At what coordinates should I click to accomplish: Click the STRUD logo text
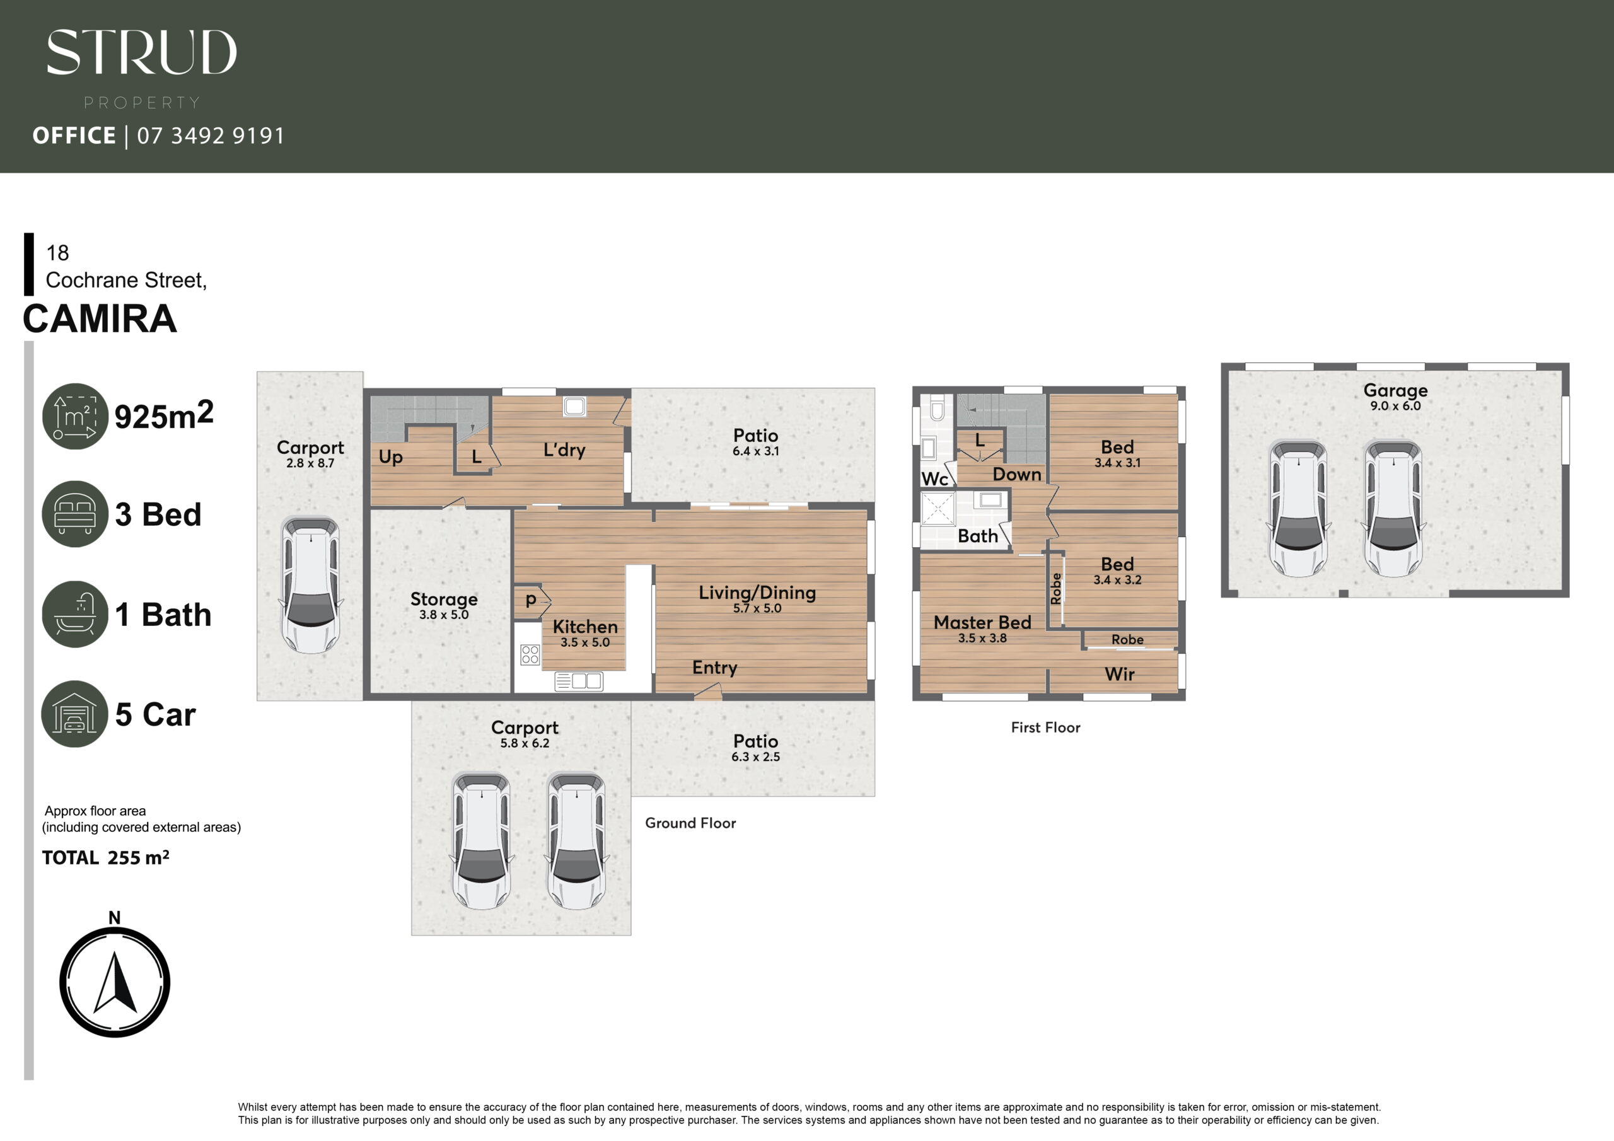pyautogui.click(x=141, y=52)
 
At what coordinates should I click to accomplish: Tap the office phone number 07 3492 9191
pyautogui.click(x=211, y=135)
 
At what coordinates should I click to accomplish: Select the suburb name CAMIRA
pyautogui.click(x=100, y=318)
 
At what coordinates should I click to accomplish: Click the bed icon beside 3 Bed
pyautogui.click(x=74, y=514)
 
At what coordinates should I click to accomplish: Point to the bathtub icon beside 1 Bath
pyautogui.click(x=74, y=614)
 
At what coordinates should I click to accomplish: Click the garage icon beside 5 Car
pyautogui.click(x=74, y=714)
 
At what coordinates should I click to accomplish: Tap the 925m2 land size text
pyautogui.click(x=164, y=415)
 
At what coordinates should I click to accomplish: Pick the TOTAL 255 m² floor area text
pyautogui.click(x=105, y=858)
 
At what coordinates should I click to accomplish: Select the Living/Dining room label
pyautogui.click(x=757, y=593)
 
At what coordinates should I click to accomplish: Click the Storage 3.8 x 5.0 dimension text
pyautogui.click(x=444, y=615)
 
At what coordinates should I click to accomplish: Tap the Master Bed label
pyautogui.click(x=982, y=622)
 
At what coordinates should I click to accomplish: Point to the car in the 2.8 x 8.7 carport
pyautogui.click(x=311, y=585)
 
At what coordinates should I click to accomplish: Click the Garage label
pyautogui.click(x=1395, y=390)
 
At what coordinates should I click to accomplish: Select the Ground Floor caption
pyautogui.click(x=690, y=823)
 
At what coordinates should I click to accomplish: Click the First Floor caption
pyautogui.click(x=1045, y=727)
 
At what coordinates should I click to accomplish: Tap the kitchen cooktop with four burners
pyautogui.click(x=530, y=655)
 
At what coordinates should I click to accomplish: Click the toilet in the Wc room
pyautogui.click(x=936, y=408)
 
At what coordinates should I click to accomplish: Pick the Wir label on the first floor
pyautogui.click(x=1119, y=674)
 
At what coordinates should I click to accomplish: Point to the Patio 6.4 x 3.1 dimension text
pyautogui.click(x=756, y=451)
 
